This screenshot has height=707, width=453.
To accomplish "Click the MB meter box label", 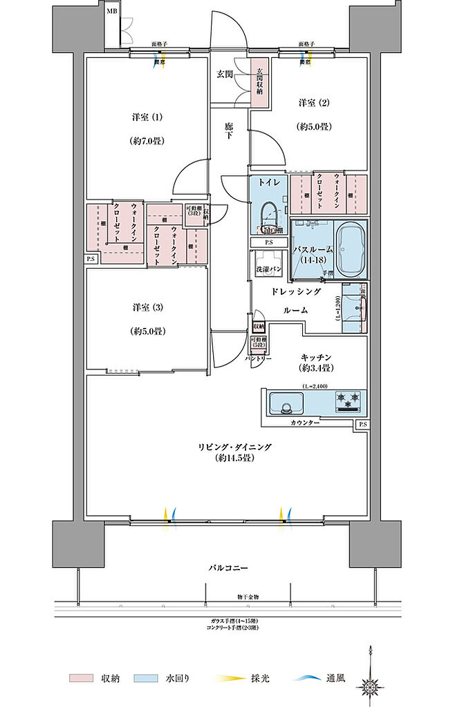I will (111, 11).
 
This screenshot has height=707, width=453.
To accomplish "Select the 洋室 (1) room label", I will (146, 117).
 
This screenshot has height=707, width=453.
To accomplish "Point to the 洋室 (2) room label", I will (313, 103).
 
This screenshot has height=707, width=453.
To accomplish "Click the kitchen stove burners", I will (348, 399).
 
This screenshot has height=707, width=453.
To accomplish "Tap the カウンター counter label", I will (305, 422).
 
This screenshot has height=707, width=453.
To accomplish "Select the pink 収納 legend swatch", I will (80, 677).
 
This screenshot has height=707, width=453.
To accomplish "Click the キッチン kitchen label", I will (317, 357).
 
